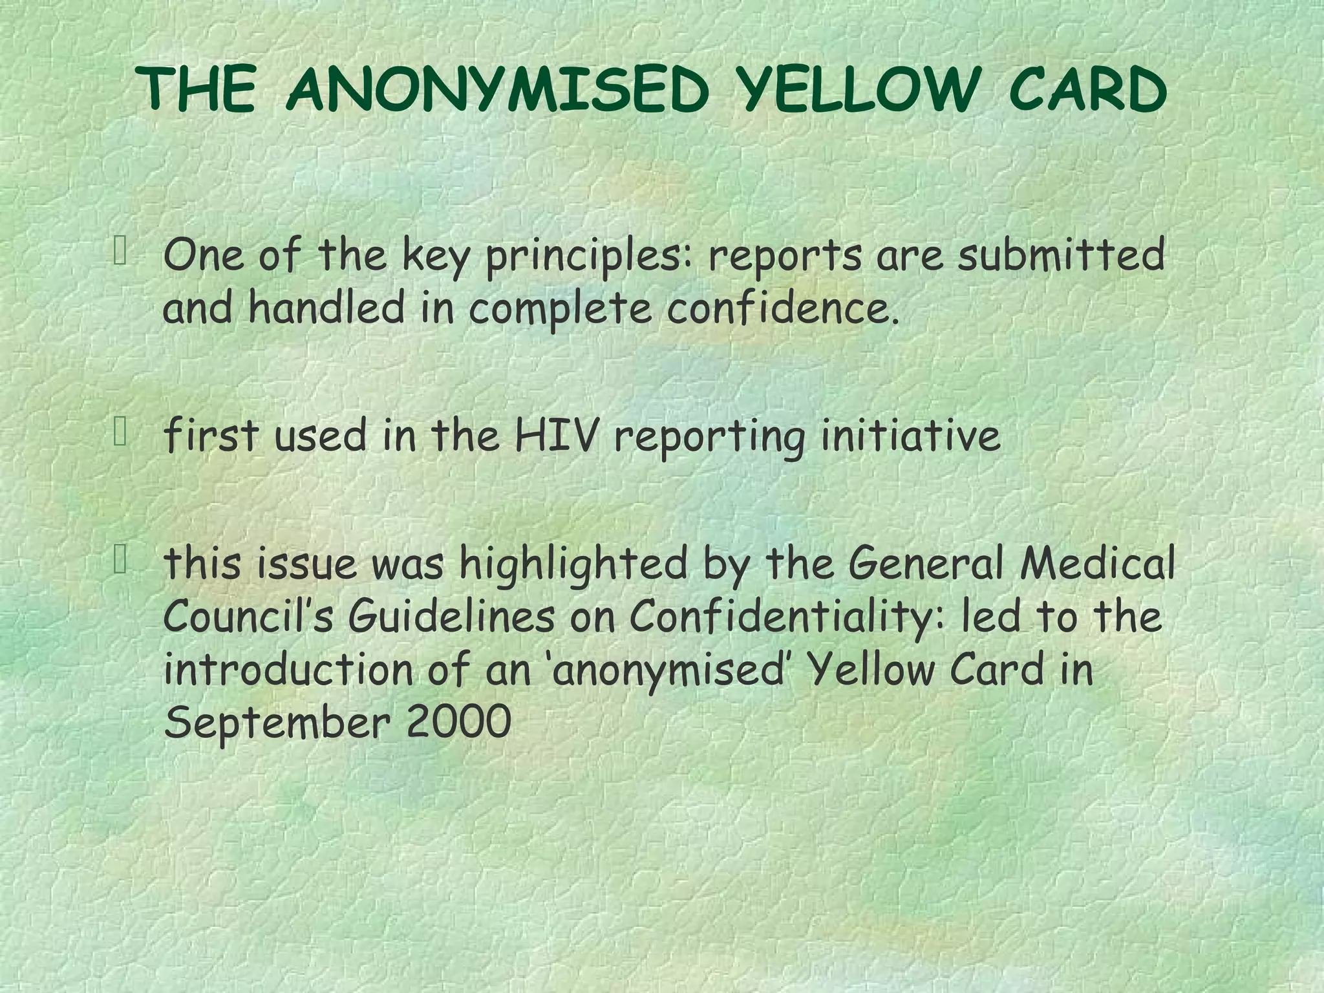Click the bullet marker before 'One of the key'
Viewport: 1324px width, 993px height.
tap(120, 251)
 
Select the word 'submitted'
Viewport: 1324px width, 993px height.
tap(1061, 255)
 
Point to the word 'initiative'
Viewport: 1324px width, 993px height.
tap(911, 437)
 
